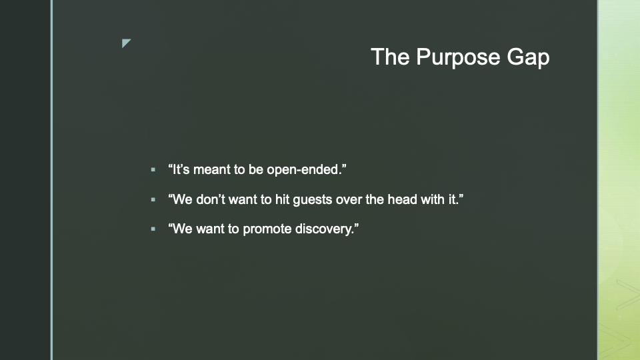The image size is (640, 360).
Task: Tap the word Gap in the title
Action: (x=528, y=58)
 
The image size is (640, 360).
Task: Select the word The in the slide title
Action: (x=390, y=56)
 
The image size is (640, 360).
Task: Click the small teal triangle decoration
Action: (x=126, y=43)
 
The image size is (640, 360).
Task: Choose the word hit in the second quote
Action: (x=283, y=199)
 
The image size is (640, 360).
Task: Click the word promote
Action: (x=267, y=229)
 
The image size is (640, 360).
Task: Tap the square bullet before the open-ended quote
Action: (x=153, y=169)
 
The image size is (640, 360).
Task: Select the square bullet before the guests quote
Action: (x=153, y=199)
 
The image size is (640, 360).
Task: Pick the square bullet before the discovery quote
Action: (x=153, y=229)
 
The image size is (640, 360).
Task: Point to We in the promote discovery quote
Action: (x=181, y=229)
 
